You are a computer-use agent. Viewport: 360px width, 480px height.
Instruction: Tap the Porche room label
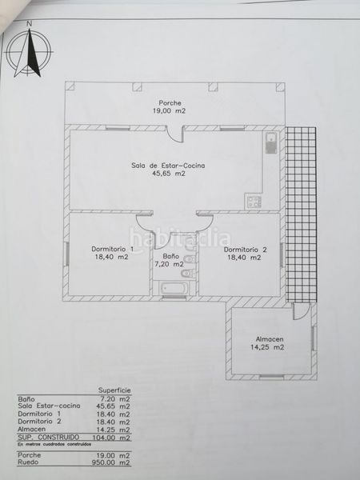[x=169, y=103]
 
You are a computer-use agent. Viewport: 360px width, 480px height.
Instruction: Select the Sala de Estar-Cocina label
[x=169, y=165]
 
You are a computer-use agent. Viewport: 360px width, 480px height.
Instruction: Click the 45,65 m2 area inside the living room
[x=169, y=174]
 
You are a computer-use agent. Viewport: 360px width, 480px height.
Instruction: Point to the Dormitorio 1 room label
[x=111, y=248]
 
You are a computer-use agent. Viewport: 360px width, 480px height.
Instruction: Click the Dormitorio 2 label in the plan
[x=243, y=248]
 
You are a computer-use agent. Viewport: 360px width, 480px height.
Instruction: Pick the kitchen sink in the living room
[x=270, y=145]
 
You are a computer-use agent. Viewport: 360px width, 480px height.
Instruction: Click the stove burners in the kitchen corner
[x=255, y=200]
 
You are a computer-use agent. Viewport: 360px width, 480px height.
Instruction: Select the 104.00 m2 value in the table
[x=112, y=437]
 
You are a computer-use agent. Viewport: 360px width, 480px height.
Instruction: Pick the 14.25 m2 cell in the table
[x=114, y=429]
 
